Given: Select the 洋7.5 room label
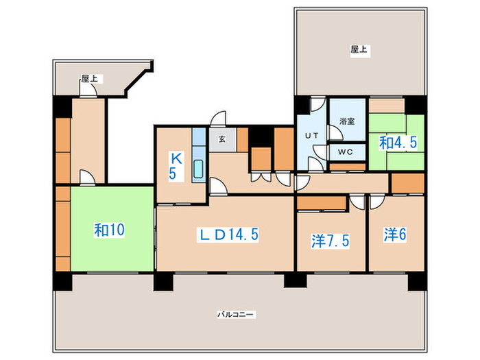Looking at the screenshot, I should pyautogui.click(x=329, y=241).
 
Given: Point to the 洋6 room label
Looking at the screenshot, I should pyautogui.click(x=395, y=235).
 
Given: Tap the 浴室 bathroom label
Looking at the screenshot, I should pyautogui.click(x=347, y=121).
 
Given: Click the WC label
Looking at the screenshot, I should pyautogui.click(x=345, y=152).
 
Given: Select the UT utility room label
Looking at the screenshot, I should pyautogui.click(x=311, y=136).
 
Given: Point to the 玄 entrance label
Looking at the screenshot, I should pyautogui.click(x=222, y=139).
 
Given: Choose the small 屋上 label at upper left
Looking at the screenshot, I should pyautogui.click(x=88, y=79).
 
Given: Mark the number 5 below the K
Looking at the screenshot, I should pyautogui.click(x=173, y=173).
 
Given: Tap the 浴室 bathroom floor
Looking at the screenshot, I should pyautogui.click(x=348, y=130).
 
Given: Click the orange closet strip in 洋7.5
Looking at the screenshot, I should pyautogui.click(x=322, y=203).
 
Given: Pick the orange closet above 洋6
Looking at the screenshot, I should pyautogui.click(x=407, y=183).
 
